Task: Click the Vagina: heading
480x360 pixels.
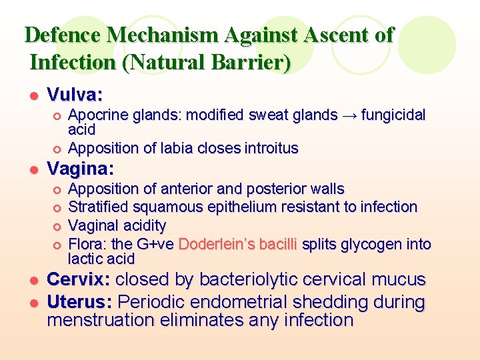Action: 81,167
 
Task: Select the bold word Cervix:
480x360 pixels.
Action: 81,279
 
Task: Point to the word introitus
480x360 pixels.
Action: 271,148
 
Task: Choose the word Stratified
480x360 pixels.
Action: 98,207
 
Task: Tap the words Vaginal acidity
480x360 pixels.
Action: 117,226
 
